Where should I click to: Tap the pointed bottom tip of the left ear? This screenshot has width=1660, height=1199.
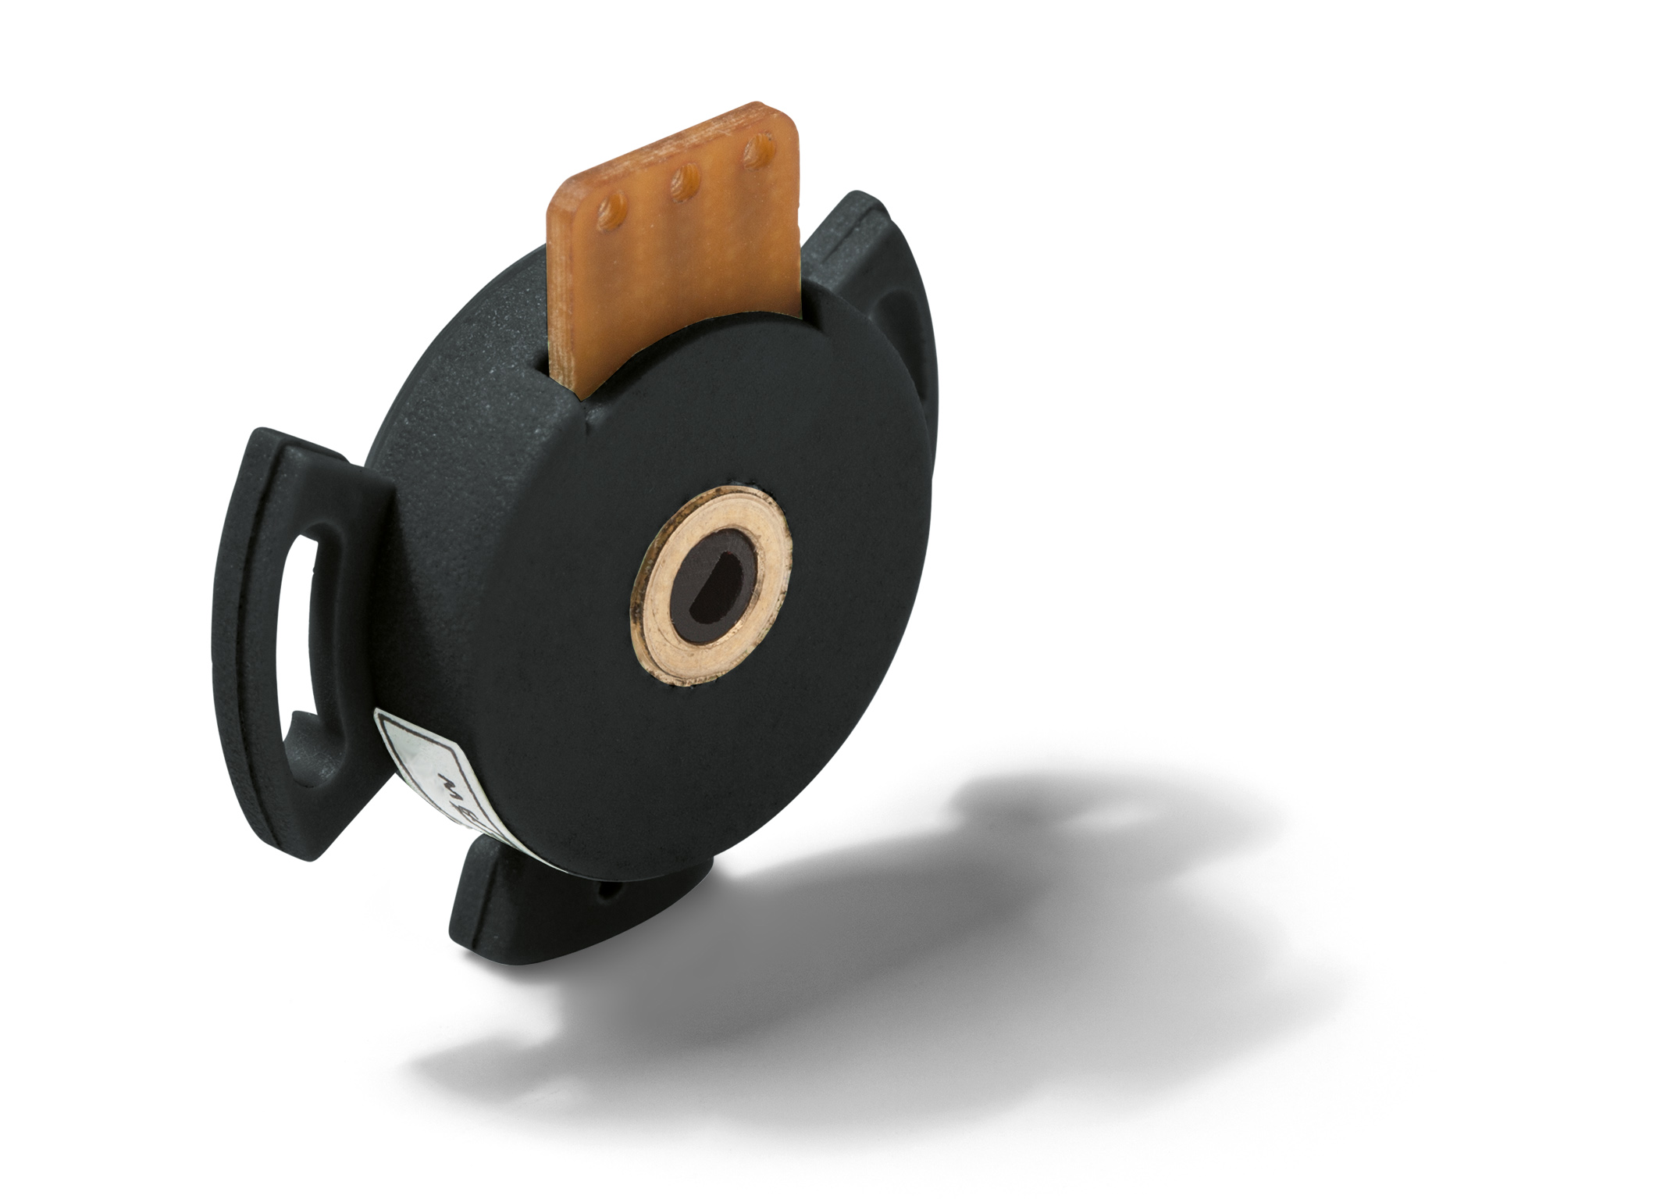point(308,856)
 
